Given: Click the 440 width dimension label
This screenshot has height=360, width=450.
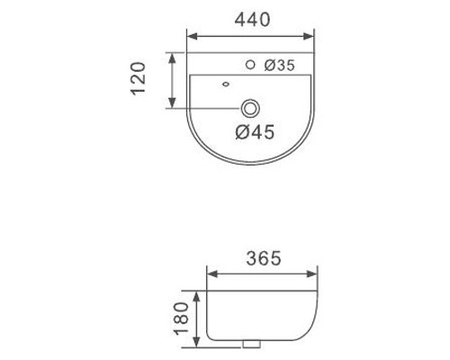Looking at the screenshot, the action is point(252,20).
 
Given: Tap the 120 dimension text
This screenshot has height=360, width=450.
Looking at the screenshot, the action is point(139,78).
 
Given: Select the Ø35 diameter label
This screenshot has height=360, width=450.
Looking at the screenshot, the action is point(280,66).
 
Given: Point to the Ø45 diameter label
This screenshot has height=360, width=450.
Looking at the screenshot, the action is point(255,132).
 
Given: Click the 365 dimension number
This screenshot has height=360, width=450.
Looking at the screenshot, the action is point(264,258).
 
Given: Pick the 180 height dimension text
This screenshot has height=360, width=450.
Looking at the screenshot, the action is point(182,319).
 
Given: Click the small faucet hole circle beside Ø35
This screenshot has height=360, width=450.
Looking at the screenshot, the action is point(250,65).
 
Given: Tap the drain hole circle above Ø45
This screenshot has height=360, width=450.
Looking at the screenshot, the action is point(250,109).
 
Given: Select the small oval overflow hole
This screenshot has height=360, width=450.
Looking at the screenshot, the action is point(226,85).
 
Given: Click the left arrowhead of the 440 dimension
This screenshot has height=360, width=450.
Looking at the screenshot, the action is point(192,37).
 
